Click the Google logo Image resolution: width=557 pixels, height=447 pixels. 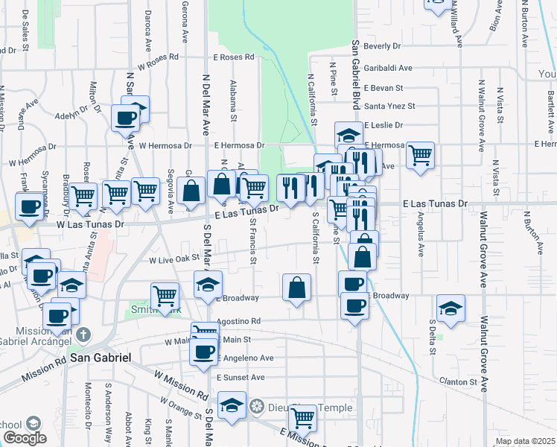pos(25,438)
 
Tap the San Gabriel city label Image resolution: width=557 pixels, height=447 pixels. pos(101,358)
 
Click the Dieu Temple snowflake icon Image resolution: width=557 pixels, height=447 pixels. pos(257,407)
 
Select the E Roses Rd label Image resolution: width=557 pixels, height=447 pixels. pos(234,57)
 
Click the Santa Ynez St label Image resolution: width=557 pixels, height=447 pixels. pos(389,106)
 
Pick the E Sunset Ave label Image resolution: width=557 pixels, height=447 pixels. pos(241,378)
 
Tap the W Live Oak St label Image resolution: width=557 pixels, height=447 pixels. pos(175,260)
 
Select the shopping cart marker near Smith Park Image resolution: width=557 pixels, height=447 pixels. pos(165,295)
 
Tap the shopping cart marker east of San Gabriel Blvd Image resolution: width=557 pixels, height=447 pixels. pos(420,155)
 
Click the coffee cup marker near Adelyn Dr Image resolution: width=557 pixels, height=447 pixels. pos(125,117)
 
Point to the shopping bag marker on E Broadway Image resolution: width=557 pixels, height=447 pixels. pos(296,287)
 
